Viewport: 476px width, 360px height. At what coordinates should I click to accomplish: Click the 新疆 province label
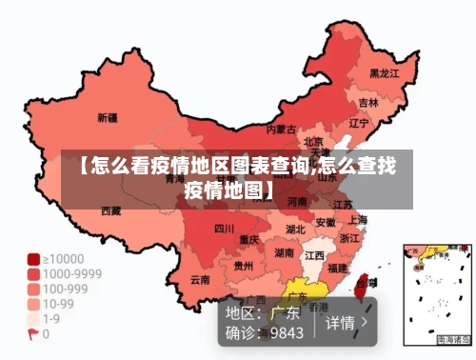click(x=108, y=118)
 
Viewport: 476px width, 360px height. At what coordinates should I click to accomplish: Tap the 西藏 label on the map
click(x=111, y=210)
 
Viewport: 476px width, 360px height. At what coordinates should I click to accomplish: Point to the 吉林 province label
click(x=368, y=102)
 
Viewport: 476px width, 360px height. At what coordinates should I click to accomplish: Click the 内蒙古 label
click(x=280, y=129)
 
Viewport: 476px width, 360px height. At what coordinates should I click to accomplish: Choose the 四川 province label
click(x=224, y=229)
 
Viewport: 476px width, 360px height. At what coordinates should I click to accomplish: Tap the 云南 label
click(x=200, y=280)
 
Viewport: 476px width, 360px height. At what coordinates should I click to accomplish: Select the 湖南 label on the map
click(x=284, y=253)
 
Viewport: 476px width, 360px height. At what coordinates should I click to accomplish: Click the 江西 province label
click(x=314, y=255)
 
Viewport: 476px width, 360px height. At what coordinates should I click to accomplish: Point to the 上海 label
click(x=358, y=220)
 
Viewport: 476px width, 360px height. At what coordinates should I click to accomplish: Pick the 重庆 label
click(x=249, y=239)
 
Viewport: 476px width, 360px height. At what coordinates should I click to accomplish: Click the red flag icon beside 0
click(x=33, y=332)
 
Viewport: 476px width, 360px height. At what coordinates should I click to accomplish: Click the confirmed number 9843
click(x=287, y=333)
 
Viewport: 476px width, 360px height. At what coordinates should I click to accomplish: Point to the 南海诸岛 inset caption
click(x=453, y=339)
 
